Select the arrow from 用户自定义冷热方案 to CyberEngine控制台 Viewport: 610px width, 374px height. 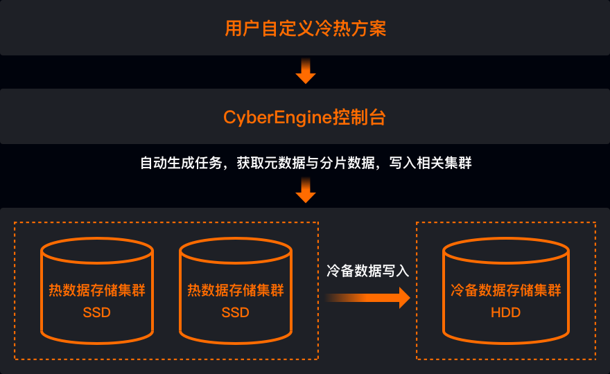[305, 71]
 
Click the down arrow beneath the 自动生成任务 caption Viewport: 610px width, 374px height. [305, 190]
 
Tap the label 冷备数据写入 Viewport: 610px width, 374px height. [367, 271]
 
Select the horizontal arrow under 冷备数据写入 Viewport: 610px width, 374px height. [367, 298]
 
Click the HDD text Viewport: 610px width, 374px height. [505, 312]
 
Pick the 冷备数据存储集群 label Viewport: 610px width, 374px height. [505, 290]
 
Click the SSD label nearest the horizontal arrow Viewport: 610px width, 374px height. [235, 312]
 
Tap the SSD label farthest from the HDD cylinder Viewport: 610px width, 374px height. [96, 312]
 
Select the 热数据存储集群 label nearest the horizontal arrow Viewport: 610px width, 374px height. [235, 290]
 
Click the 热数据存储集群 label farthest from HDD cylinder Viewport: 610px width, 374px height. [96, 290]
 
